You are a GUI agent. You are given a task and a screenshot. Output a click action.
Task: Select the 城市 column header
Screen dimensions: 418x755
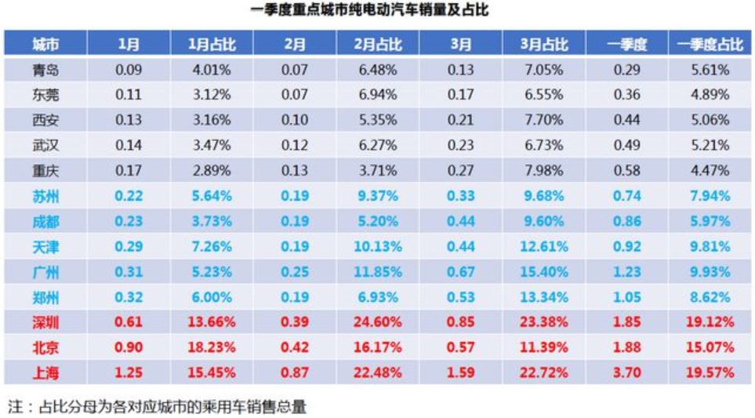click(x=45, y=44)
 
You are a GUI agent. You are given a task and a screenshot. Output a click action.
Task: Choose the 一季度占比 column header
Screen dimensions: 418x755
click(x=710, y=44)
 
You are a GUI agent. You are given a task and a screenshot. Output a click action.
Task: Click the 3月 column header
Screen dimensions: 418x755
click(x=461, y=44)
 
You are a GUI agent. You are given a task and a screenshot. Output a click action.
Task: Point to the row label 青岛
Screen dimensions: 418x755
click(x=45, y=70)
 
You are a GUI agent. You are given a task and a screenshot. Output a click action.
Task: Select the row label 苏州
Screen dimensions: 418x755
click(x=45, y=196)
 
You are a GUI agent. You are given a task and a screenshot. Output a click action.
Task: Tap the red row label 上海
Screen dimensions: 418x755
click(x=45, y=373)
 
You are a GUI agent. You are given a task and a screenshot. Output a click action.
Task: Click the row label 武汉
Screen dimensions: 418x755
click(x=45, y=145)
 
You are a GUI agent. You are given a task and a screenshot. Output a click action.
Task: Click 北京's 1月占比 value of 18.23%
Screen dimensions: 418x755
click(x=212, y=347)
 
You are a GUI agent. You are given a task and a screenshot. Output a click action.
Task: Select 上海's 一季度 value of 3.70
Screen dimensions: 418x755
click(x=626, y=373)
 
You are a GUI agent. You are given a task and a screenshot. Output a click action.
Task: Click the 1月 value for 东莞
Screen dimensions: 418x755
click(x=129, y=95)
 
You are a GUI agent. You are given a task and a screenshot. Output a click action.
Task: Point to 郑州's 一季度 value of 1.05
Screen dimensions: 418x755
click(x=626, y=297)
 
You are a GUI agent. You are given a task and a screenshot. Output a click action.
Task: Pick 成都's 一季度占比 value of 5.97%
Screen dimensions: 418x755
click(x=710, y=221)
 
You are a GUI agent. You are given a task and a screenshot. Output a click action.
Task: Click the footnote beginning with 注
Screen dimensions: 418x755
click(x=156, y=407)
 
